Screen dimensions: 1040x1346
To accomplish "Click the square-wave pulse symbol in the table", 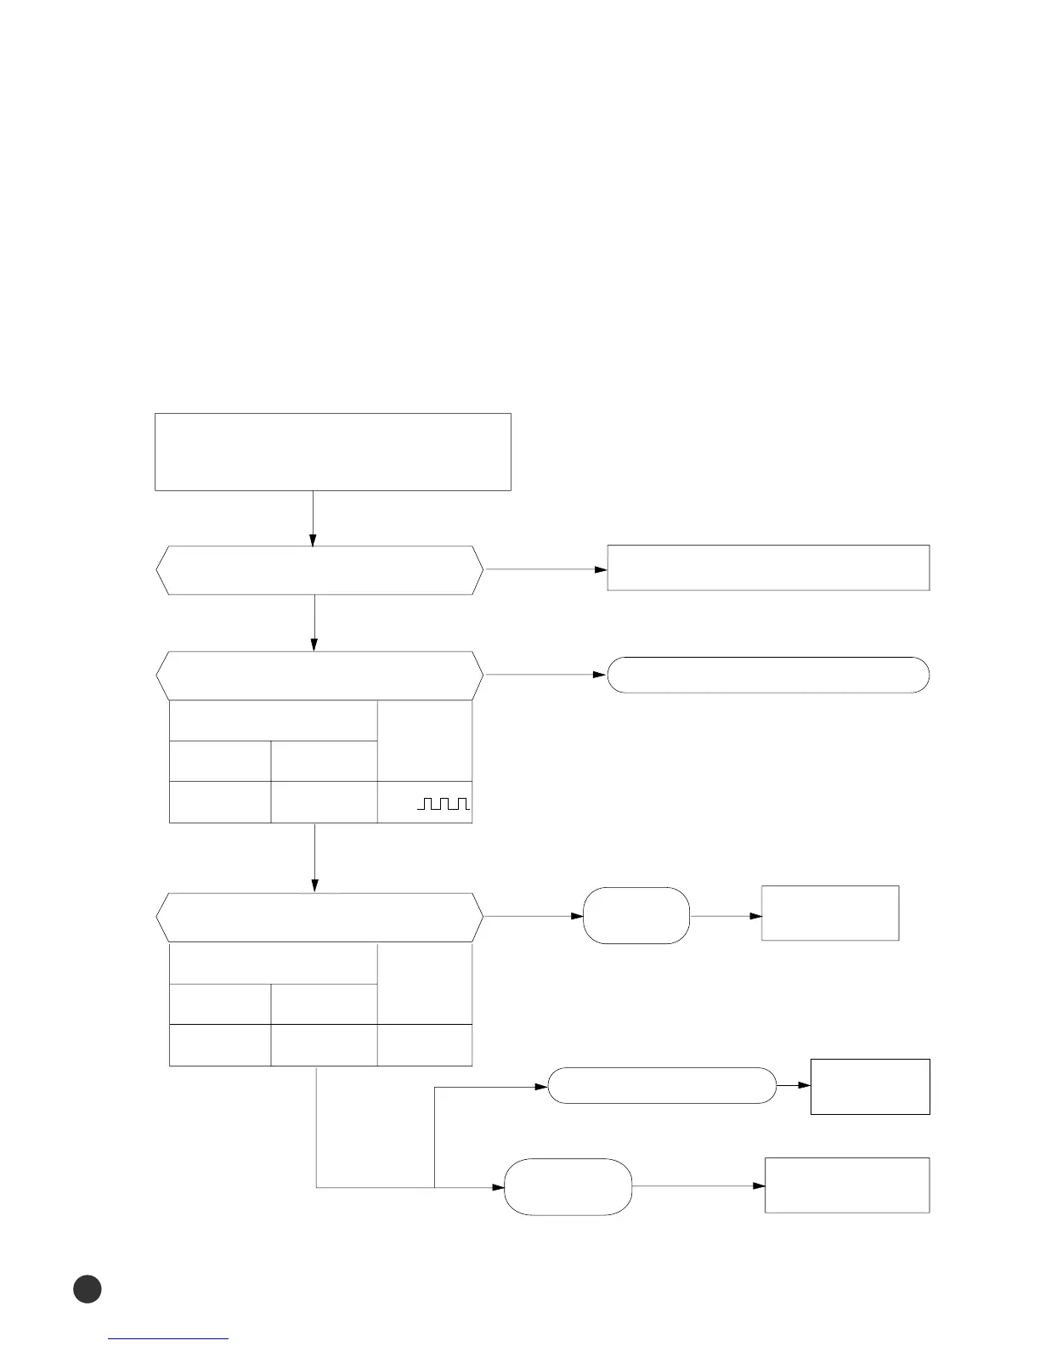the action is pos(444,803).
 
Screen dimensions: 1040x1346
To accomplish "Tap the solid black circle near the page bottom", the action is pos(87,1288).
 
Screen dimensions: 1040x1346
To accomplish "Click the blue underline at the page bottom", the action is pos(169,1338).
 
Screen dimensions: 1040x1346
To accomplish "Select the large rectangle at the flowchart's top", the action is pos(332,451).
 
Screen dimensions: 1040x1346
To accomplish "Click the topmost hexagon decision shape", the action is pos(319,570).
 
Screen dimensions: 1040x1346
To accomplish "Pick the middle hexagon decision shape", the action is pos(319,676).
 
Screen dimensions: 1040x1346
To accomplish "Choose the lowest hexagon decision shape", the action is pos(319,917).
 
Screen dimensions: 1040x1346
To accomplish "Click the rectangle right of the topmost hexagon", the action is pos(768,568).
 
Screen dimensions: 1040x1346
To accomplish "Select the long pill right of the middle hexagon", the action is pos(768,675).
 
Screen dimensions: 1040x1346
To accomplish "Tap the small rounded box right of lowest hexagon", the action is pos(636,915).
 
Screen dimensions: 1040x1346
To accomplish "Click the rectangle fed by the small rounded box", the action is pos(830,913).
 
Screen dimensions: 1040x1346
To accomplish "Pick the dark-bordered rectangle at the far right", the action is pos(870,1086).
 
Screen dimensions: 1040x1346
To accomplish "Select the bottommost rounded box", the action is pos(568,1186).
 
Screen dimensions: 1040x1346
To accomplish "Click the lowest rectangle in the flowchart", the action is pos(847,1185).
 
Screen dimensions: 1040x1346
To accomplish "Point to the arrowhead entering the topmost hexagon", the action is pos(313,540).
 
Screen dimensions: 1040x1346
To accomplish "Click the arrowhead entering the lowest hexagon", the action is pos(315,886).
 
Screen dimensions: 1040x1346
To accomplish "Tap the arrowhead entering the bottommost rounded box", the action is pos(499,1186).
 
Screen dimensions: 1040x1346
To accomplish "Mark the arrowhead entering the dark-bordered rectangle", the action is pos(805,1086).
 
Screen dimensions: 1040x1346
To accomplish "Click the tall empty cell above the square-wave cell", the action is pos(424,739).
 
